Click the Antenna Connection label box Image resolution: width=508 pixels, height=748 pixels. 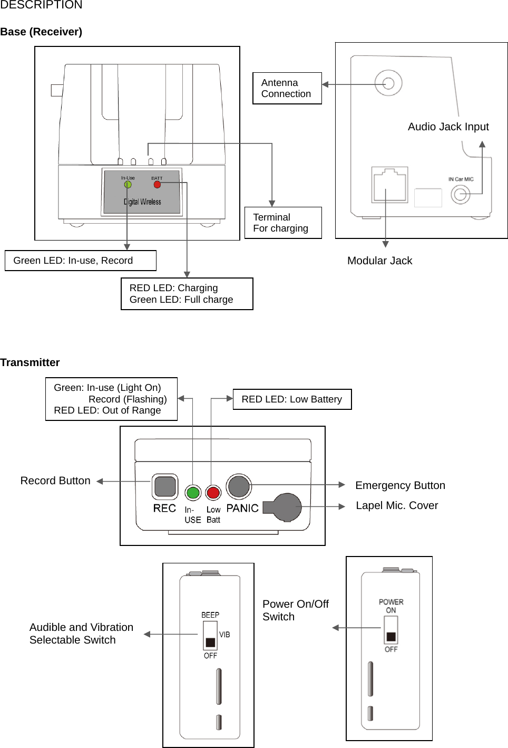(x=287, y=88)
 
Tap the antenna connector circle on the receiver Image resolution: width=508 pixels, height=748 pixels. (x=388, y=83)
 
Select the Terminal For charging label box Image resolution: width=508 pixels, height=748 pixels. (x=283, y=223)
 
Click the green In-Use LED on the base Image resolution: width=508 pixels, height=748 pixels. (x=128, y=185)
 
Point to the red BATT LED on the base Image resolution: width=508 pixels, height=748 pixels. (x=157, y=185)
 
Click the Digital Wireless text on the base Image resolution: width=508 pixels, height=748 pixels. (x=142, y=202)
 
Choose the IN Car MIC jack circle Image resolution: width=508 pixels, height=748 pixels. (x=461, y=195)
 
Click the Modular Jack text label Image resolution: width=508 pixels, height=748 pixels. (x=379, y=261)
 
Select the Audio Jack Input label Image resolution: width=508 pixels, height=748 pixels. (x=448, y=127)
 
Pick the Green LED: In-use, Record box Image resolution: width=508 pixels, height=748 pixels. (x=81, y=261)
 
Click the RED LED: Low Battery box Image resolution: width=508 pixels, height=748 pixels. (x=292, y=399)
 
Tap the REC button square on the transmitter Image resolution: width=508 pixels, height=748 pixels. (x=165, y=486)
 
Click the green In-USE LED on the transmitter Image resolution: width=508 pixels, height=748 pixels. (x=193, y=493)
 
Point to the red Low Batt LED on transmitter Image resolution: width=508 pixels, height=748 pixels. (x=213, y=493)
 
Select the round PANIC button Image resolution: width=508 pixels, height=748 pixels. (x=238, y=486)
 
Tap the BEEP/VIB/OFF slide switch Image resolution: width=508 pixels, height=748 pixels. (x=210, y=636)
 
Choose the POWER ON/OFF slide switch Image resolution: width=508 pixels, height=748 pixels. (x=391, y=630)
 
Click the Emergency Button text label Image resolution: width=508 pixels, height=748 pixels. (x=400, y=485)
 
